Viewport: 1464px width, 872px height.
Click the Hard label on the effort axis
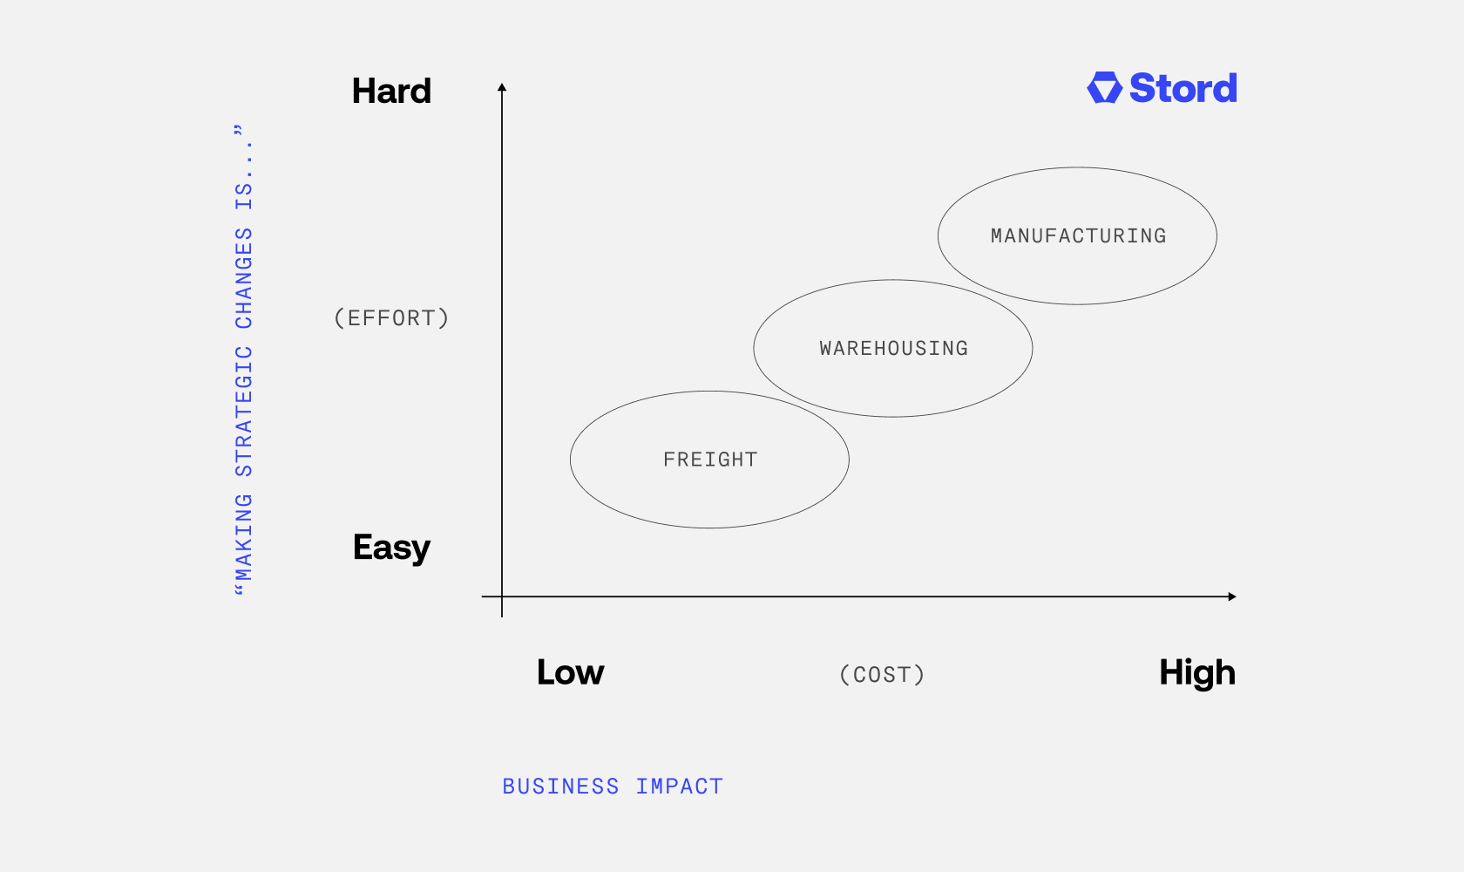[x=391, y=91]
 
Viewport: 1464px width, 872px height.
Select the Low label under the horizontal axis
[x=571, y=672]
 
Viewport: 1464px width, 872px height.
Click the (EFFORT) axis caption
[x=391, y=318]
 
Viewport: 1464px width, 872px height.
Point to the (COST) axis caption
[x=882, y=675]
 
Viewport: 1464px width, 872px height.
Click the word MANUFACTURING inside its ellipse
[x=1079, y=236]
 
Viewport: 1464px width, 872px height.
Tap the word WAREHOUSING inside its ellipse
[x=894, y=349]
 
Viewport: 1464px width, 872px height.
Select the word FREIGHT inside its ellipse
[x=710, y=460]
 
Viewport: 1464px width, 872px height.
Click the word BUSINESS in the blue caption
[x=561, y=787]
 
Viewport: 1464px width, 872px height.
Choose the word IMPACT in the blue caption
[x=680, y=787]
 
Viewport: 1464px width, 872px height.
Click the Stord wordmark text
[x=1183, y=88]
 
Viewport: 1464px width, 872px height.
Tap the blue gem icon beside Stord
[x=1105, y=88]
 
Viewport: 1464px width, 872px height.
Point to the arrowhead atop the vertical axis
[x=502, y=87]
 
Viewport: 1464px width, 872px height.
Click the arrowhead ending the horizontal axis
[x=1232, y=596]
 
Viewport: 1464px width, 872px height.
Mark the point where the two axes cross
[x=502, y=596]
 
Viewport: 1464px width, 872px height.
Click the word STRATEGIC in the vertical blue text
[x=244, y=412]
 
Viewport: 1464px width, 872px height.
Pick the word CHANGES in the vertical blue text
[x=244, y=278]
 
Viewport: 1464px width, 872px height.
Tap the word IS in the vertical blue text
[x=244, y=195]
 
